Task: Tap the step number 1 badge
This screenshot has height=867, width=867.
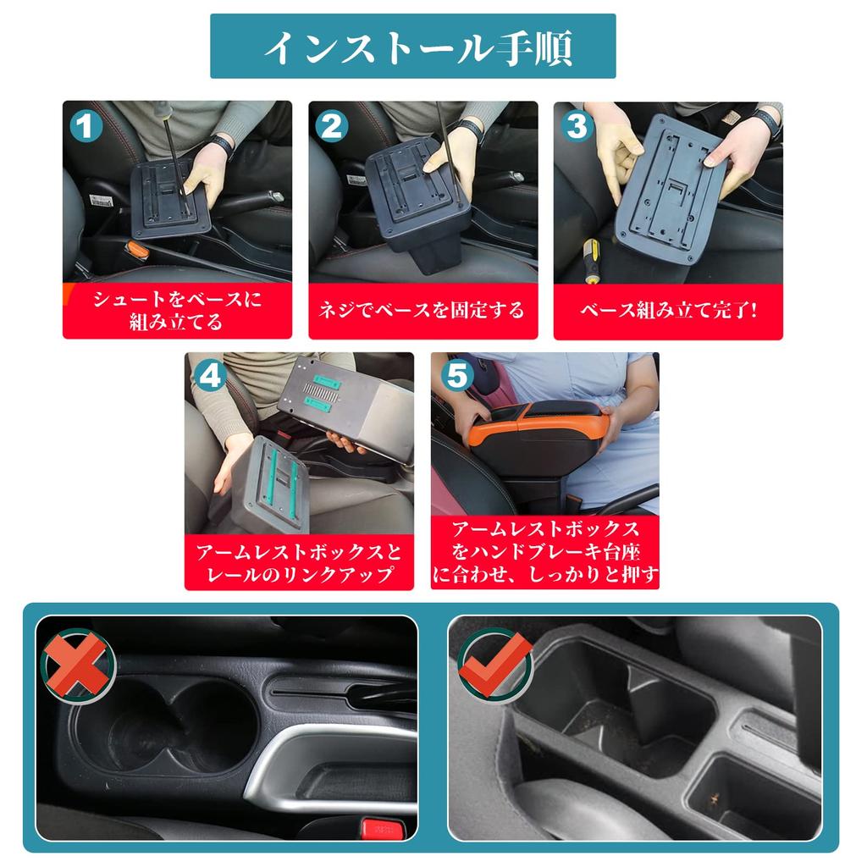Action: pyautogui.click(x=86, y=127)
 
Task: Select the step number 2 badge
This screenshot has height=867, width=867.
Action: pyautogui.click(x=332, y=127)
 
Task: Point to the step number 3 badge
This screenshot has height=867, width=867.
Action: pyautogui.click(x=577, y=127)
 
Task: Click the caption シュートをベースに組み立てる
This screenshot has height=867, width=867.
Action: pyautogui.click(x=177, y=310)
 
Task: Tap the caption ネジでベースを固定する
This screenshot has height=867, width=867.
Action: pyautogui.click(x=422, y=310)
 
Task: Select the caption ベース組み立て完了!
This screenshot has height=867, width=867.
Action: pyautogui.click(x=668, y=310)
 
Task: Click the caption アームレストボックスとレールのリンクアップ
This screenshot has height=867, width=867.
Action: pyautogui.click(x=299, y=564)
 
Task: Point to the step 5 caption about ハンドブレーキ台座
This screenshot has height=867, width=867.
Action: pyautogui.click(x=544, y=554)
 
